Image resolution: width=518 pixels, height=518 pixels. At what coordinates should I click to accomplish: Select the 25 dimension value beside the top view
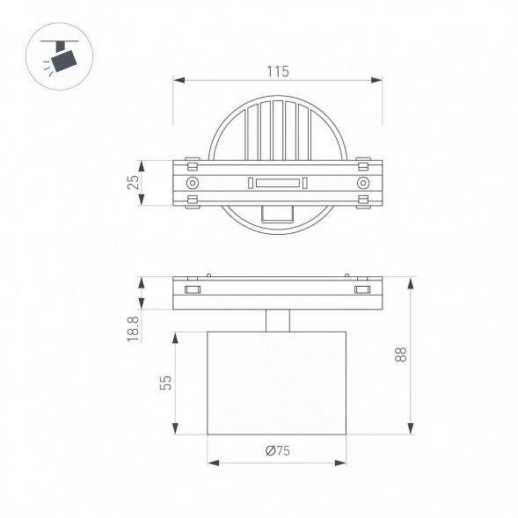click(133, 183)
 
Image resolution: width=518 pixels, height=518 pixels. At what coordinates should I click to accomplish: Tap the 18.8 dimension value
click(133, 328)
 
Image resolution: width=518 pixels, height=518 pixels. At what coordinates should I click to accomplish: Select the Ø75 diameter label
click(278, 451)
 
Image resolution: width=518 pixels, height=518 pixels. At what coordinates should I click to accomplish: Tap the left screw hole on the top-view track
click(192, 183)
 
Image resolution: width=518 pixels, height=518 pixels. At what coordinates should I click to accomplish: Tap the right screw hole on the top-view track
click(362, 183)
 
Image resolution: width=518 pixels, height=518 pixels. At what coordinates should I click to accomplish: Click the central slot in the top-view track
click(278, 183)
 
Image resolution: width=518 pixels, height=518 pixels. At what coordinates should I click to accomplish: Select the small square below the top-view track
click(278, 214)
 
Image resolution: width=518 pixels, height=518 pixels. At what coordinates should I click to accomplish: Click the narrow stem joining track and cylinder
click(278, 320)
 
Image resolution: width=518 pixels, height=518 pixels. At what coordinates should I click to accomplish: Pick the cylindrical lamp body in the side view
click(278, 382)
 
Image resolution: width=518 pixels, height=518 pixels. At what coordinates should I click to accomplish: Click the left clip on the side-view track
click(192, 289)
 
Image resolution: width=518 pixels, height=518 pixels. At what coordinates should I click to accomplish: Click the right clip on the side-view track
click(361, 289)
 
